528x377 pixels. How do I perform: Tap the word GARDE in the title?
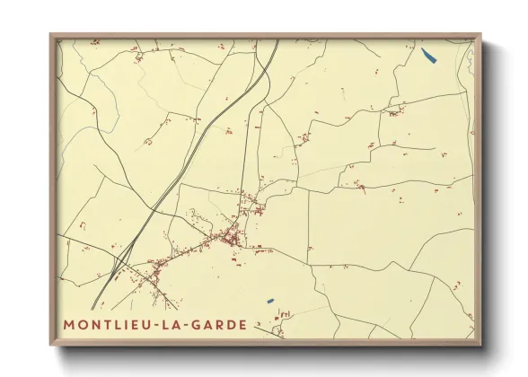[212, 323]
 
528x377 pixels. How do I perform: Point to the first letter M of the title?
[69, 323]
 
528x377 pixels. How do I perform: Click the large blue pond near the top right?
[428, 57]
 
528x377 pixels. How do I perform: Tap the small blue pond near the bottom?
[269, 300]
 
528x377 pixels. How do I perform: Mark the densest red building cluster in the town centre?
[232, 238]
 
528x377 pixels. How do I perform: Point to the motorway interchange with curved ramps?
[119, 263]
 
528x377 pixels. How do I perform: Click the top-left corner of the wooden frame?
[51, 36]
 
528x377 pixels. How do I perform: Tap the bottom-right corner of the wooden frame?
[480, 345]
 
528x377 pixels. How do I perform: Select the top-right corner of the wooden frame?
[480, 36]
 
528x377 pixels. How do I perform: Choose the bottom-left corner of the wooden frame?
[51, 345]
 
